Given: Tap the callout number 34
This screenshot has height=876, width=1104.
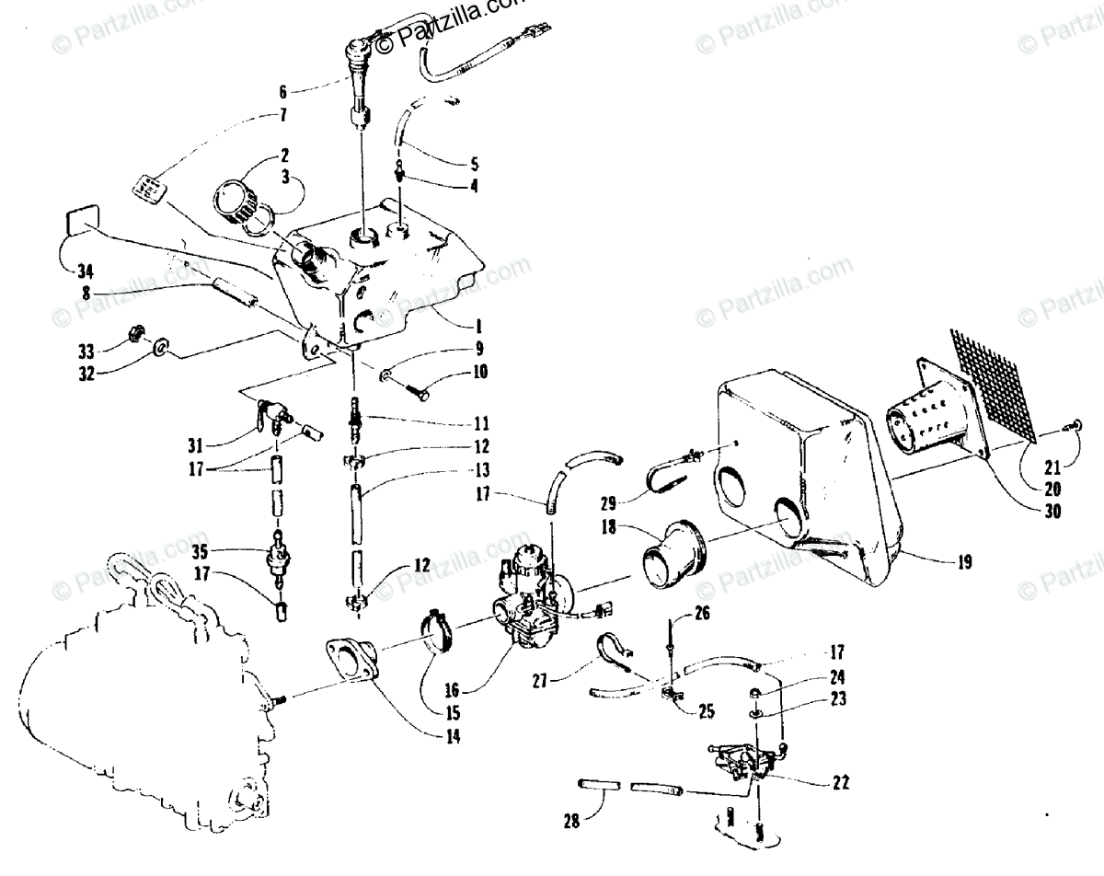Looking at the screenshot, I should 86,271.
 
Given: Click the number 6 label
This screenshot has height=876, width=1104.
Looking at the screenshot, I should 282,91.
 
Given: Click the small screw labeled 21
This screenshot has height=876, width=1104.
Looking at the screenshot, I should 1072,426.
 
